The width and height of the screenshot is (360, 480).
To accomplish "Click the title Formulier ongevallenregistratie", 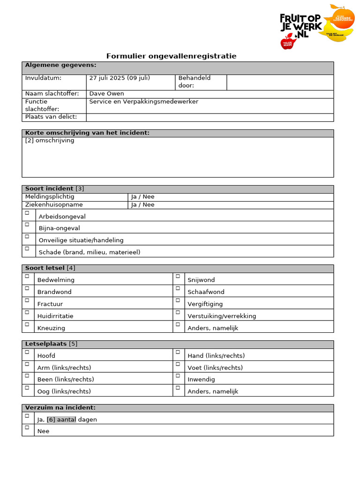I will [171, 56].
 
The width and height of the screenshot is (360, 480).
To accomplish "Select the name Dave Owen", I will [106, 94].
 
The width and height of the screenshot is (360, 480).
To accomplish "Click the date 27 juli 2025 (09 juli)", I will [120, 78].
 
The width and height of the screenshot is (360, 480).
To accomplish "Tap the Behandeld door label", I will [194, 82].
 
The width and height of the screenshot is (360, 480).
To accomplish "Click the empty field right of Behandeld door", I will [280, 82].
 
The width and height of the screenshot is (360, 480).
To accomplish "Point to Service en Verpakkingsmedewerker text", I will [143, 102].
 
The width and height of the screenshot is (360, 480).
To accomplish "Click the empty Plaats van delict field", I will [210, 117].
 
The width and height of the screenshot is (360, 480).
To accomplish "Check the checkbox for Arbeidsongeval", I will [27, 213].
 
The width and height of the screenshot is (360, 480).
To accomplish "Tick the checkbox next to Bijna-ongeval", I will [27, 225].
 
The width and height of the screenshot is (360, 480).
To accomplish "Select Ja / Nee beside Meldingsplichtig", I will [142, 197].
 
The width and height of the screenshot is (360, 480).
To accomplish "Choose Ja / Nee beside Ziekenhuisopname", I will [142, 205].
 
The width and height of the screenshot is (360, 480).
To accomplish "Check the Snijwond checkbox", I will [178, 277].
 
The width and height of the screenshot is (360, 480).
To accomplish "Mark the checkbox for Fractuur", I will [27, 300].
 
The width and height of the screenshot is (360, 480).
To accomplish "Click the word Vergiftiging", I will [205, 304].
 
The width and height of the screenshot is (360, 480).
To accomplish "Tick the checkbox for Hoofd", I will [27, 352].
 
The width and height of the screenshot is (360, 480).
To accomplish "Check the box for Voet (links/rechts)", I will [178, 364].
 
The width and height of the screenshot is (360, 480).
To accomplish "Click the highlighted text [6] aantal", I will [61, 420].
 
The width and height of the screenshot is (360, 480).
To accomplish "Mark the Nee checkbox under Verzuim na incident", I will [27, 427].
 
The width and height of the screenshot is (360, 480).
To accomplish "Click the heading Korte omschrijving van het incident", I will [87, 133].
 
